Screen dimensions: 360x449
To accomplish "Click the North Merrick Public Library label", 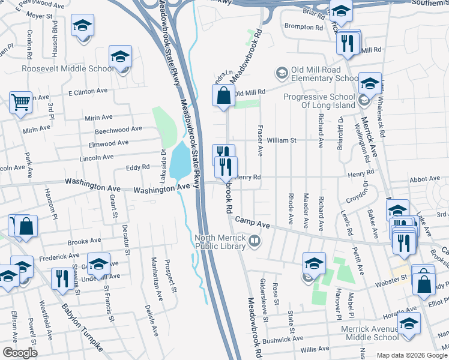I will coord(221,242).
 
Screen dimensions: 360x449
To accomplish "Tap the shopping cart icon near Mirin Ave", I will coord(20,103).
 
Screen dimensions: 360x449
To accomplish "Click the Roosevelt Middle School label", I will coord(67,68).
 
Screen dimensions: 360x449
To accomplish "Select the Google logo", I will coord(20,353).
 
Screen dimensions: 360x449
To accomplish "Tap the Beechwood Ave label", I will coord(118,129).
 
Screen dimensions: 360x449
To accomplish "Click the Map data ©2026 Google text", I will coord(411,355).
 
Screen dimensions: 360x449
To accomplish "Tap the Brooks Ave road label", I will coord(84,241).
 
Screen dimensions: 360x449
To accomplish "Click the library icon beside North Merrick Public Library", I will coord(255,242).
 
